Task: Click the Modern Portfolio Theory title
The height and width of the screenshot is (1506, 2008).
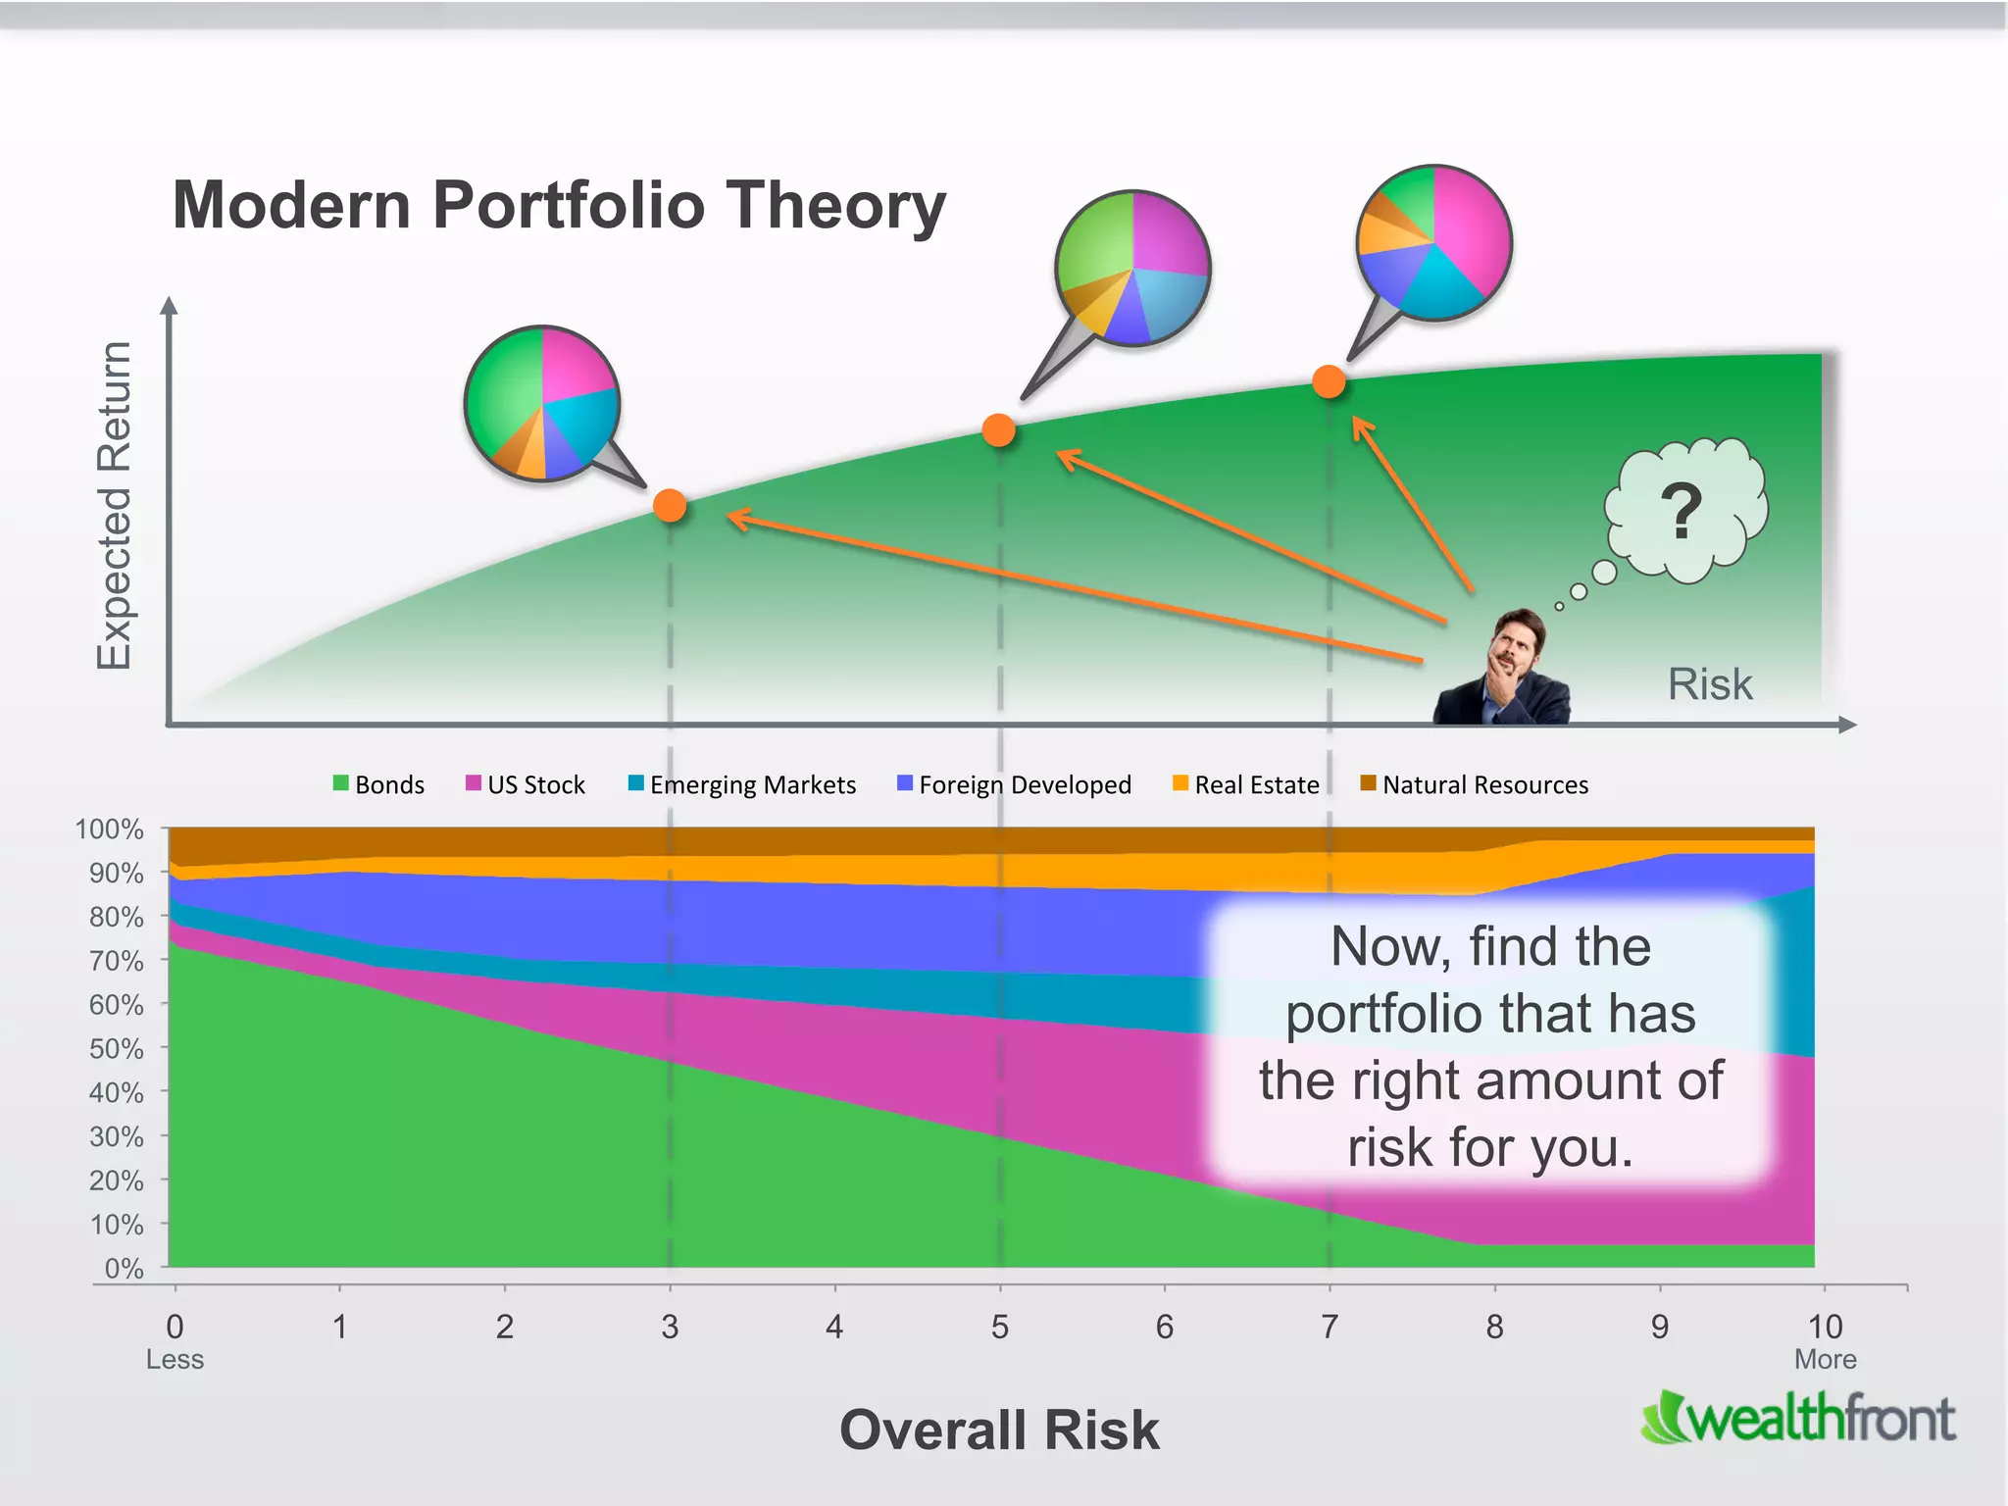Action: point(559,205)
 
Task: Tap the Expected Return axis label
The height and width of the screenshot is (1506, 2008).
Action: point(114,506)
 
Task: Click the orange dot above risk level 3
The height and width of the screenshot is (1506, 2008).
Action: point(670,506)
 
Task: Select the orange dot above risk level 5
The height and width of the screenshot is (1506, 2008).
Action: point(998,429)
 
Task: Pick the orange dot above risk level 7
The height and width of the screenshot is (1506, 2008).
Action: point(1329,381)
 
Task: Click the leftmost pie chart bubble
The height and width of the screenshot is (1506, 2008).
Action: point(541,403)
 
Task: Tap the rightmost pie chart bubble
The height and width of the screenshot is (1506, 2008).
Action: point(1433,242)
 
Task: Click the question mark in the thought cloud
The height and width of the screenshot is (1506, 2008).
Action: point(1682,511)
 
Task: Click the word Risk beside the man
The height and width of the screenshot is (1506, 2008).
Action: point(1709,683)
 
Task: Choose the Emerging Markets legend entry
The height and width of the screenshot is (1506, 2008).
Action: point(742,784)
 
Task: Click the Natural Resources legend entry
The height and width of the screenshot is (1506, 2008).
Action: point(1475,784)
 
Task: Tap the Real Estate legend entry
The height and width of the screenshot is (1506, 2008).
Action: point(1246,784)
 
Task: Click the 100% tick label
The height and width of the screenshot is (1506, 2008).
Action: point(109,828)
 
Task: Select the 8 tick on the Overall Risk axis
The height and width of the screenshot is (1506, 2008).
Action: point(1494,1327)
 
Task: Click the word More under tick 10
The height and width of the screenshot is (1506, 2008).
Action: point(1825,1359)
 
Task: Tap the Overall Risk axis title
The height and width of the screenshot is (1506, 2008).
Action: point(999,1430)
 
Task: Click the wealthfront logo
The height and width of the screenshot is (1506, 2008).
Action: point(1799,1418)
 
